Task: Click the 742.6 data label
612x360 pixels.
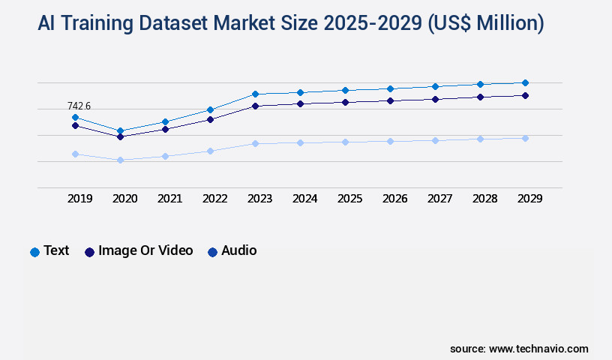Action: [x=79, y=106]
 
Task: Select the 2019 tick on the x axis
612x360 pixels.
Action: [x=79, y=199]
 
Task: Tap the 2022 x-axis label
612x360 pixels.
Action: [x=214, y=199]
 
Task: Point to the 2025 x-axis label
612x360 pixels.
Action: [x=349, y=199]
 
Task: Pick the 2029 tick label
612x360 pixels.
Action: [x=529, y=199]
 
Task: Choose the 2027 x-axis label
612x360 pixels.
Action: [x=439, y=199]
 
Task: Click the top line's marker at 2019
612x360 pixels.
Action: [x=75, y=117]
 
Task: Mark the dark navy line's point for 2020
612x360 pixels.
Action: [x=120, y=136]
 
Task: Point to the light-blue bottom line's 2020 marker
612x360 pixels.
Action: [x=120, y=160]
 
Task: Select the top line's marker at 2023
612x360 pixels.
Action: [x=255, y=94]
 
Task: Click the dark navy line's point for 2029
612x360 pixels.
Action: [x=525, y=95]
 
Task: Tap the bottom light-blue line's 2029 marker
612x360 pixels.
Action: [x=525, y=138]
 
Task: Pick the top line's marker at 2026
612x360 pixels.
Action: [x=390, y=88]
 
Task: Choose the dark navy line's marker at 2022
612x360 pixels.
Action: [x=210, y=119]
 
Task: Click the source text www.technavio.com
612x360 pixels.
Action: [x=519, y=349]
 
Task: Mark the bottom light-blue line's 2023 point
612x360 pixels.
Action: [x=255, y=143]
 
